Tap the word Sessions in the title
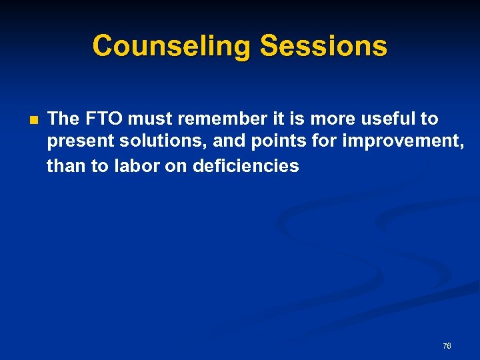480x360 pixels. tap(323, 46)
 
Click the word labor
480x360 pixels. tap(136, 165)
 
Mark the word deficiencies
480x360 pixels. tap(246, 165)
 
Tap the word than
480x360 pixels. tap(67, 165)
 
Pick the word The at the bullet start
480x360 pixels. tap(63, 119)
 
